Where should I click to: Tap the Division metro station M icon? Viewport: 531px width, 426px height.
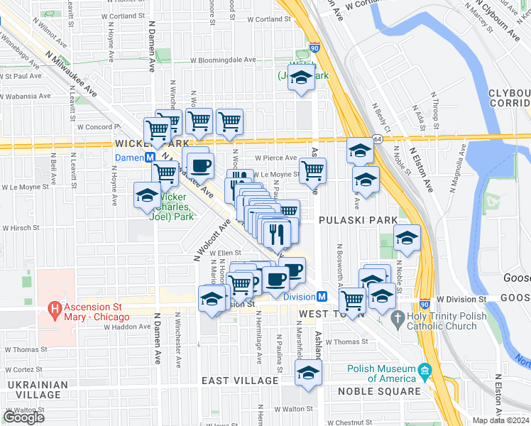coord(322,297)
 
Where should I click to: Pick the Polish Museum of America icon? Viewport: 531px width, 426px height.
coord(425,370)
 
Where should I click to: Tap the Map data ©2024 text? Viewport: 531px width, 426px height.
coord(500,420)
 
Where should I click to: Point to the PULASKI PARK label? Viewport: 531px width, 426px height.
coord(358,221)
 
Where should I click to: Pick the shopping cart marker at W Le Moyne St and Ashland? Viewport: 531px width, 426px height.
coord(312,170)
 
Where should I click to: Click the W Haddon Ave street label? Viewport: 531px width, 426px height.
coord(127,327)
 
